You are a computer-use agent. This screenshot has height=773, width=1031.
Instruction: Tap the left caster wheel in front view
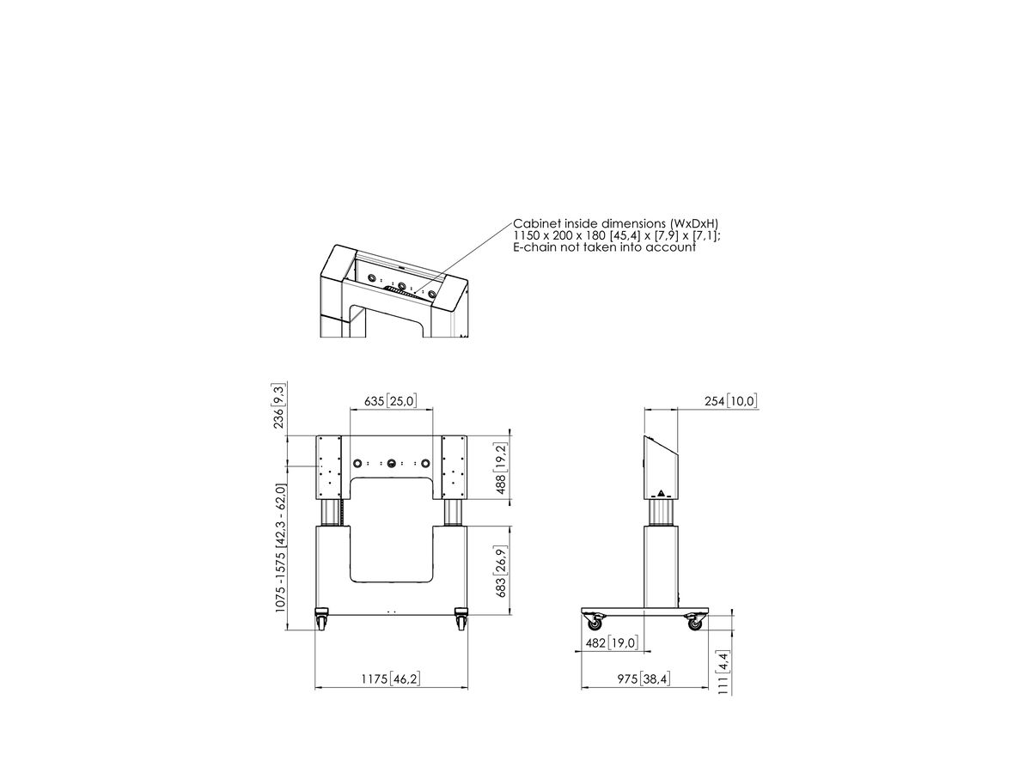point(321,619)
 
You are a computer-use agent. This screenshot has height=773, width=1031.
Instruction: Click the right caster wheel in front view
point(461,619)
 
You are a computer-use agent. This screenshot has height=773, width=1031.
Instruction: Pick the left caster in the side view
point(595,622)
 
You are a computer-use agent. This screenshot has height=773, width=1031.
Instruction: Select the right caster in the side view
point(694,622)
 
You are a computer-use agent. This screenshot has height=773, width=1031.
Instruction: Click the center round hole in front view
point(391,464)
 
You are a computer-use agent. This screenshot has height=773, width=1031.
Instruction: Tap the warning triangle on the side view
point(661,493)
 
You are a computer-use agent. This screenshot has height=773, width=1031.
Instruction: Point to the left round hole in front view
point(357,464)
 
